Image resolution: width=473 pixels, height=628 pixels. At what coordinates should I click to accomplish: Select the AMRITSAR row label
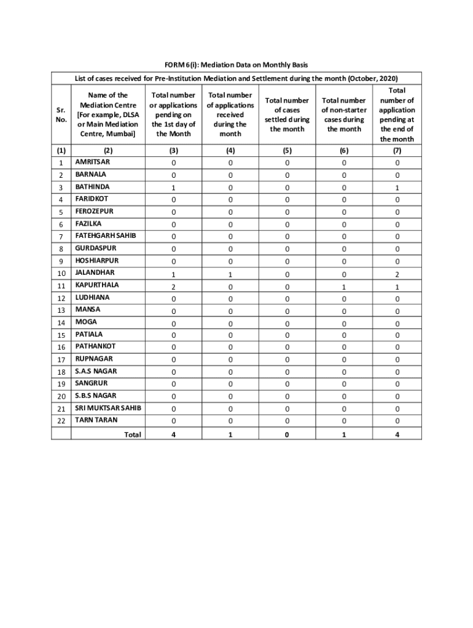[92, 163]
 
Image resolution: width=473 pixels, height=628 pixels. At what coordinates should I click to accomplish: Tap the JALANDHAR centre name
[95, 272]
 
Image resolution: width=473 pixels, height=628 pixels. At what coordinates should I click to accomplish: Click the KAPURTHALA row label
[97, 285]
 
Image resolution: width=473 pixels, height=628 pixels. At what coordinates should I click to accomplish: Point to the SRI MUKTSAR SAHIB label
[108, 408]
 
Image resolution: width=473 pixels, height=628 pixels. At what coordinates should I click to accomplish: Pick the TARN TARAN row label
[96, 420]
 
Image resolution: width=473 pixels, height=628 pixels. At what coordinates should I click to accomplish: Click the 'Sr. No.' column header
[61, 115]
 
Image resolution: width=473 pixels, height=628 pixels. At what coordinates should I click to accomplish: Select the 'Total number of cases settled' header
[287, 115]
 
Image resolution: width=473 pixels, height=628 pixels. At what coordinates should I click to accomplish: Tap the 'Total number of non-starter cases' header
[344, 115]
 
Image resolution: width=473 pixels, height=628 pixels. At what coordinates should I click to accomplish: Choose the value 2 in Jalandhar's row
[397, 274]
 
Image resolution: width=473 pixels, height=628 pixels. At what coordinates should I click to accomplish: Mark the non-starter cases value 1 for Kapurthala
[344, 286]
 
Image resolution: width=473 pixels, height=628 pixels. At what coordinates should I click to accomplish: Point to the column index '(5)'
[287, 150]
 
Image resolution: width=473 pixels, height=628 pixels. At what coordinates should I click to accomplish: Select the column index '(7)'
[397, 150]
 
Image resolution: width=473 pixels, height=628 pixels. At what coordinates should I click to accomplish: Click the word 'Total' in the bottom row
[133, 435]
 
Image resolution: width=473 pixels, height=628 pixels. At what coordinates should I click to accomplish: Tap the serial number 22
[61, 421]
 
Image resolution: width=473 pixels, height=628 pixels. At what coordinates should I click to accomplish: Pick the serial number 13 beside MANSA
[61, 311]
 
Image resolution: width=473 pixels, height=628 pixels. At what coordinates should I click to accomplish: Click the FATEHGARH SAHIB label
[106, 235]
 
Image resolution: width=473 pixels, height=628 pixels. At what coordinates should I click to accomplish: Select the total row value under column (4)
[230, 435]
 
